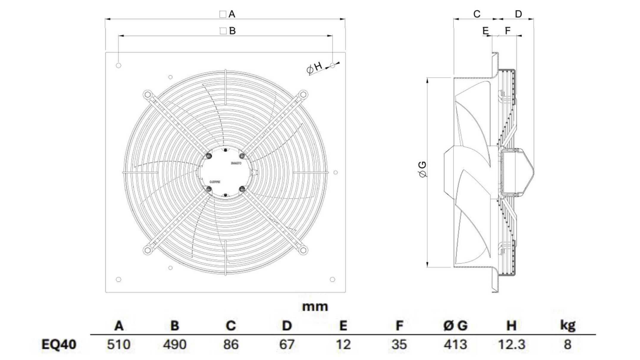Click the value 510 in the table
pos(118,345)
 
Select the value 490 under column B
pos(175,345)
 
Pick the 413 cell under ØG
pos(455,345)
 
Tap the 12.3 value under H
pos(511,345)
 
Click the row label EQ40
pos(59,345)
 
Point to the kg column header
pos(567,325)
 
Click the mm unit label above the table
pos(315,307)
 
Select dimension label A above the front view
pos(231,14)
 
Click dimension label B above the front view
pos(232,31)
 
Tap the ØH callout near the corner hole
pos(314,68)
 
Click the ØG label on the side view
pos(423,169)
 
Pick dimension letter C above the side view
pos(477,14)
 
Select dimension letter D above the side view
pos(518,14)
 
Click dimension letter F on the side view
pos(508,30)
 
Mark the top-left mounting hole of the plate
pos(118,65)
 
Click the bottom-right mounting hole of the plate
pos(332,279)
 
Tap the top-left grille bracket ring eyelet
pos(147,95)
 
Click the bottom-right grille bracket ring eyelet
pos(303,250)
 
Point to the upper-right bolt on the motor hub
pos(242,156)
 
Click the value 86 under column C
pos(231,345)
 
